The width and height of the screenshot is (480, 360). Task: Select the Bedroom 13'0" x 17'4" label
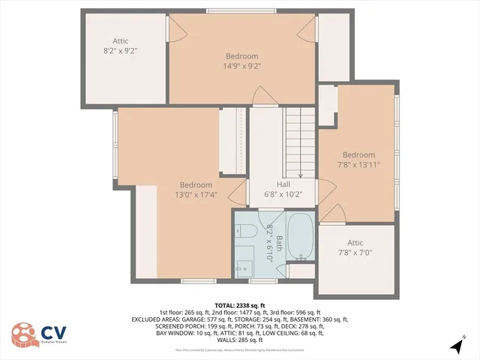[195, 190]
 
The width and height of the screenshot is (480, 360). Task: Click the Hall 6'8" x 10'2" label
[283, 190]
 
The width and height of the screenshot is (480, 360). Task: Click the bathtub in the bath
[301, 236]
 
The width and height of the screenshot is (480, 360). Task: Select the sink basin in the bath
[244, 266]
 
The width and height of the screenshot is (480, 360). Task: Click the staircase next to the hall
[300, 139]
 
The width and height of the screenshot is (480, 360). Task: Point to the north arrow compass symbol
[457, 346]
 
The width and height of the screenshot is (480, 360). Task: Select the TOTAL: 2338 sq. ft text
[239, 306]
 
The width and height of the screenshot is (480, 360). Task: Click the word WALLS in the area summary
[226, 340]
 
